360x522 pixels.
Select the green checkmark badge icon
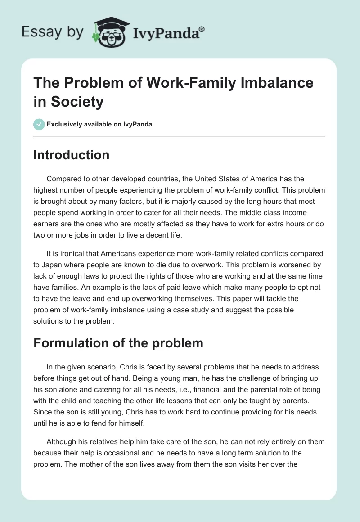pos(39,124)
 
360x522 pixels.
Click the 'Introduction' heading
pos(72,155)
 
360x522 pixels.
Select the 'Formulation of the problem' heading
pos(118,343)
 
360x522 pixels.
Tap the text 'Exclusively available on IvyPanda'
pos(99,124)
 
